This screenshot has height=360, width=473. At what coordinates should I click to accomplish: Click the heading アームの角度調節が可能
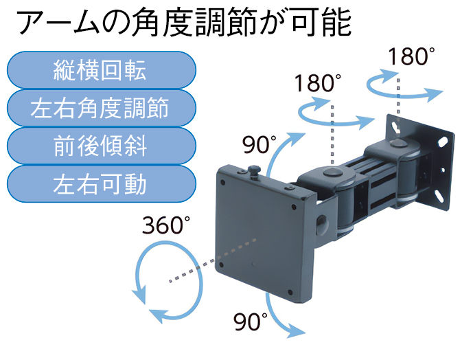point(183,23)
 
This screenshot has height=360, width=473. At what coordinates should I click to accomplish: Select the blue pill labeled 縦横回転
point(102,70)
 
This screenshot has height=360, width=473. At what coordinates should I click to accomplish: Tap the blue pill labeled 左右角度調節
point(102,108)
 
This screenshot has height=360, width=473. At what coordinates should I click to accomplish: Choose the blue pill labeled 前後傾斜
point(102,146)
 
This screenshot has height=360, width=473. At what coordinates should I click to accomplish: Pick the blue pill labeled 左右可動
point(102,184)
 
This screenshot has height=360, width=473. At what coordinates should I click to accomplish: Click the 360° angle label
point(166,225)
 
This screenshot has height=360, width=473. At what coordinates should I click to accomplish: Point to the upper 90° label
point(259,144)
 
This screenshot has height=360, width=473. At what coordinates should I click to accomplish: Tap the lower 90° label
point(251,322)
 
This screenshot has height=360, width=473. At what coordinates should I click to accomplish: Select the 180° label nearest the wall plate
point(411,56)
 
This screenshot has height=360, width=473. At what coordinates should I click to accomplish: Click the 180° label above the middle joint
point(317,83)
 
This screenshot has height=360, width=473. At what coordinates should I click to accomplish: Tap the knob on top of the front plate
point(254,171)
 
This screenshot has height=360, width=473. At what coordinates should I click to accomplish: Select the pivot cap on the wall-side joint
point(397,142)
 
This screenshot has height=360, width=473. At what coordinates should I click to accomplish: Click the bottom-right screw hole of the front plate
point(290,293)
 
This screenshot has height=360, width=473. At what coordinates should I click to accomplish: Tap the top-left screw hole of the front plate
point(223,183)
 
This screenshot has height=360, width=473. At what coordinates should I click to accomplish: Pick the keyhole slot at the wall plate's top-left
point(396,128)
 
